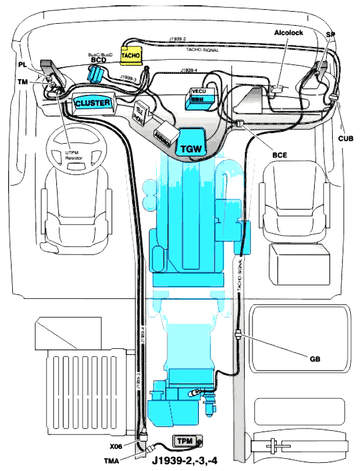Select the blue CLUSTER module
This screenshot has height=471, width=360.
click(92, 104)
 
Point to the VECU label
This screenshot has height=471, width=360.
click(198, 91)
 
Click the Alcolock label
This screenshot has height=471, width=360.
click(288, 33)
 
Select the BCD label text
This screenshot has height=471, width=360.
click(98, 60)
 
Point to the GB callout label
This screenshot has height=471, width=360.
click(316, 359)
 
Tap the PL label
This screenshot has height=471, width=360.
click(22, 64)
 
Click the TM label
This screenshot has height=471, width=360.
click(22, 83)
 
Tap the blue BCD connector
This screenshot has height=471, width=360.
click(97, 73)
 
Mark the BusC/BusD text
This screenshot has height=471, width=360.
click(100, 53)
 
